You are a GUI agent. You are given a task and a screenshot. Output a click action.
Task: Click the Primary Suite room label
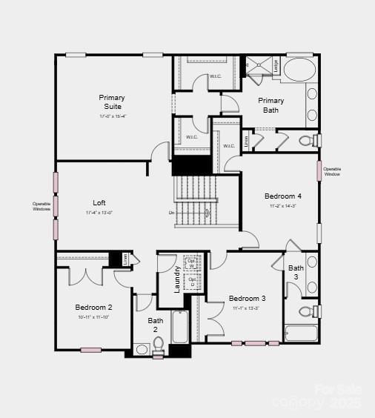point(112,102)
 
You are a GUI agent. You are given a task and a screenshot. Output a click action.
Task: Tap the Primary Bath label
point(271,105)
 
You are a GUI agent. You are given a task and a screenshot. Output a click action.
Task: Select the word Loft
point(99,202)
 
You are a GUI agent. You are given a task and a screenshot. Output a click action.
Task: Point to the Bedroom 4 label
point(283,196)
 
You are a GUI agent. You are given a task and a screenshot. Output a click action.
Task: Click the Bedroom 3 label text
point(247,298)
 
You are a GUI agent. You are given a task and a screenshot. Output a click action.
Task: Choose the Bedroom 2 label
point(93,307)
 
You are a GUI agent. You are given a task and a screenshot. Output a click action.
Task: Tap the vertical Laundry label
point(177,279)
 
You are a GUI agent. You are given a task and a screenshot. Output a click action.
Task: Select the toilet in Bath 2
point(158,345)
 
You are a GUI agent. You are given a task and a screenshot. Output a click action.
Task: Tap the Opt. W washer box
point(192,262)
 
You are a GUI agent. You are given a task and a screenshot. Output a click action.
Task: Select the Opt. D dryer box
point(192,282)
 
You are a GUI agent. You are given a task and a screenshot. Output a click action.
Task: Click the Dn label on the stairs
point(172,213)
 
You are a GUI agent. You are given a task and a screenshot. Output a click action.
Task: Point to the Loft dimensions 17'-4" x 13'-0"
point(99,213)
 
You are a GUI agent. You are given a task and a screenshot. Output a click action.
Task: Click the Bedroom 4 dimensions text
point(283,206)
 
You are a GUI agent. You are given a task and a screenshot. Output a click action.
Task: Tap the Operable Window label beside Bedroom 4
point(332,171)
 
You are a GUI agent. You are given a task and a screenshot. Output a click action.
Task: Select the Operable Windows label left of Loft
point(42,206)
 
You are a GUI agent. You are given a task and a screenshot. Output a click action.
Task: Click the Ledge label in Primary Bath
point(276,65)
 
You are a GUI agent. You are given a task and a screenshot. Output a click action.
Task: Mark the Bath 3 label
point(296,272)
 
